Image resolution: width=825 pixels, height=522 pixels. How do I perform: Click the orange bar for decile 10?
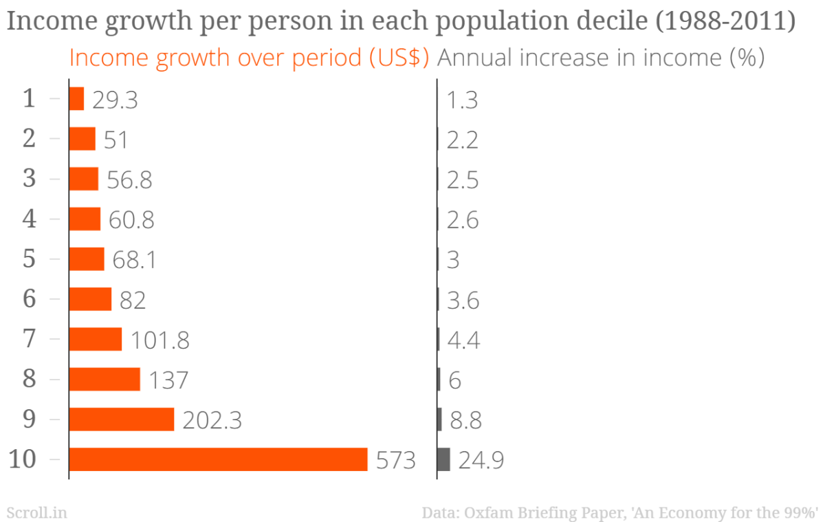[x=218, y=459]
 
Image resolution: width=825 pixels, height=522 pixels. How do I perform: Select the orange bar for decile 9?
[x=121, y=420]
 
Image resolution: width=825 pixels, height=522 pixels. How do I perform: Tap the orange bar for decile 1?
[x=76, y=99]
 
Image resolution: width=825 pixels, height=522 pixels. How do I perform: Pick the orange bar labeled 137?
[x=104, y=380]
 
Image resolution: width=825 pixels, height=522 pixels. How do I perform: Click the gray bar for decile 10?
[x=443, y=459]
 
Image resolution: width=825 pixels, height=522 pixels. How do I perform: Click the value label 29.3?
[x=115, y=100]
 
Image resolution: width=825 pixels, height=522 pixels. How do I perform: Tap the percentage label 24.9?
[x=481, y=460]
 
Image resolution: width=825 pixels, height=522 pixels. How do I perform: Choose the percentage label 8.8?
[x=465, y=420]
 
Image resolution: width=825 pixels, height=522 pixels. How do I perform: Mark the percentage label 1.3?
[x=462, y=100]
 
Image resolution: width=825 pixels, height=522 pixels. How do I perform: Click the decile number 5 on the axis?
[x=29, y=259]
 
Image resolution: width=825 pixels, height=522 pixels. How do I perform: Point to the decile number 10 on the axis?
[x=23, y=459]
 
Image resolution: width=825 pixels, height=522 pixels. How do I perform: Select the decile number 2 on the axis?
[x=29, y=139]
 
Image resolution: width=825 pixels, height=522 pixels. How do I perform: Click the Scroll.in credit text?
[x=36, y=512]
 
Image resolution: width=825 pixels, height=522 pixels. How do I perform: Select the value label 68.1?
[x=133, y=261]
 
